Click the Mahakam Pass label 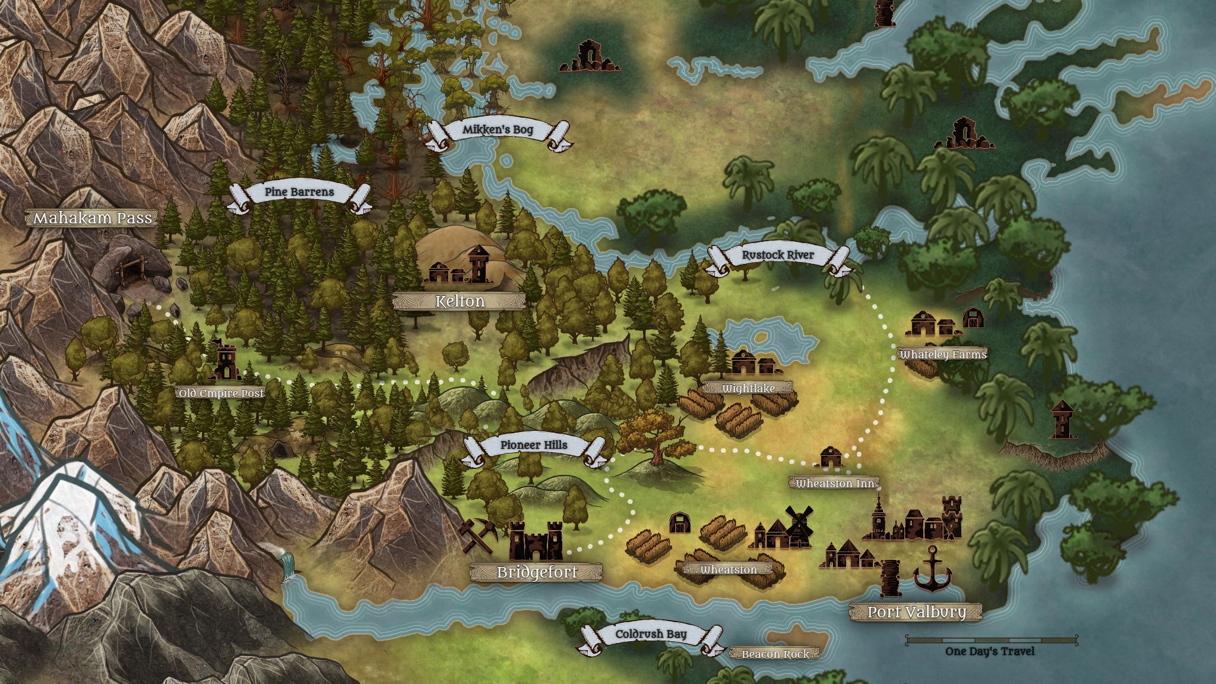93,218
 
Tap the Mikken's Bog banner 498,130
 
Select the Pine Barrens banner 299,193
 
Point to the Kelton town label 460,301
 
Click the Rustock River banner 778,256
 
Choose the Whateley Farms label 943,355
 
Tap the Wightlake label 748,389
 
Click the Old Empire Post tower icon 226,359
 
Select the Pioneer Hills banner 533,445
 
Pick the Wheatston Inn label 834,484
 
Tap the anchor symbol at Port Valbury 932,570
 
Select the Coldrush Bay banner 651,634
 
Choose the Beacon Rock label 775,654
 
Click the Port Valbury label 916,612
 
